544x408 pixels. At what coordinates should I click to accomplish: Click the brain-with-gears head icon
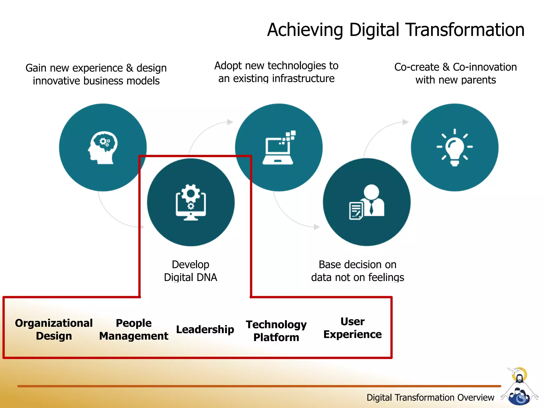(103, 147)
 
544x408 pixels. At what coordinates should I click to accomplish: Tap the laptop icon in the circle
(278, 148)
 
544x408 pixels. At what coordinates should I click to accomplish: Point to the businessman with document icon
(367, 202)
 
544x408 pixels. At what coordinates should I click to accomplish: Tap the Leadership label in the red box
(205, 329)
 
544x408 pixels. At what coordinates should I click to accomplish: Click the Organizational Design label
(54, 329)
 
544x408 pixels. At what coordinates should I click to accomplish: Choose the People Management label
(134, 329)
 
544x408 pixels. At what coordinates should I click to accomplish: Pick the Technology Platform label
(276, 331)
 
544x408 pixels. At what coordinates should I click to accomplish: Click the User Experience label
(352, 328)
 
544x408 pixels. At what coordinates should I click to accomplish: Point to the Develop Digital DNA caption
(190, 271)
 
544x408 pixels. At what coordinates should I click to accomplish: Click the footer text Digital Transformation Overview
(430, 397)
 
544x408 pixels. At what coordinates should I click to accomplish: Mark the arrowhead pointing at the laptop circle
(230, 122)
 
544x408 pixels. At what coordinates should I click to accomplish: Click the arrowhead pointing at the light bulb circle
(405, 122)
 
